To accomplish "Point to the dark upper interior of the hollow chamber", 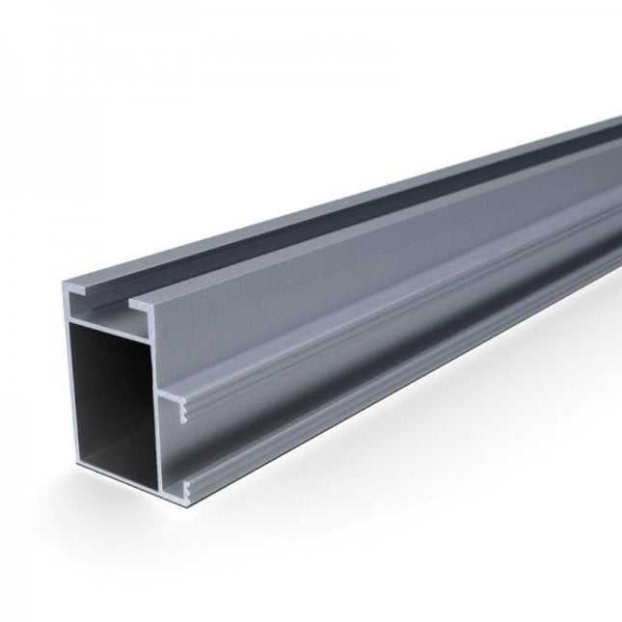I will tap(106, 357).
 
